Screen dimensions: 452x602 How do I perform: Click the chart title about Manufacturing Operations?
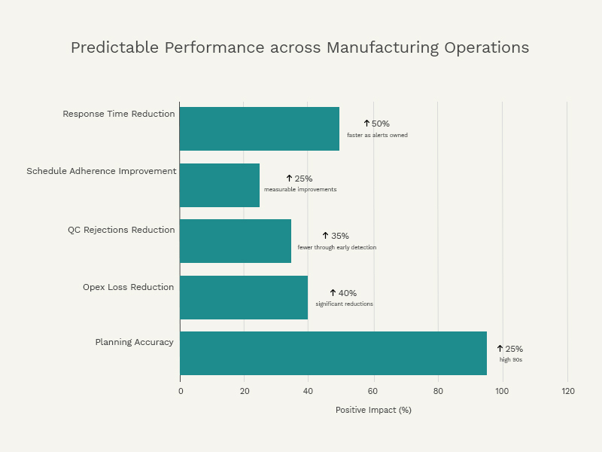(299, 47)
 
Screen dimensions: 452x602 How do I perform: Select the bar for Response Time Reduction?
(260, 129)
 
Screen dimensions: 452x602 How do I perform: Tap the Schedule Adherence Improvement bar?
(220, 185)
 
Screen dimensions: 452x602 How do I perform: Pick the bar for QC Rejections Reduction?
(236, 241)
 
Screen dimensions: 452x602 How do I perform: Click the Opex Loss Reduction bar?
(244, 298)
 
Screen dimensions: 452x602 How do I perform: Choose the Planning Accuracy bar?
(333, 353)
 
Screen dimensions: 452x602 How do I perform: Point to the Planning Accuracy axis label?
(134, 342)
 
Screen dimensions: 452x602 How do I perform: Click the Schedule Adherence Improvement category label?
(102, 171)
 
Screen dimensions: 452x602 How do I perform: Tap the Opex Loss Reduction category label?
(128, 287)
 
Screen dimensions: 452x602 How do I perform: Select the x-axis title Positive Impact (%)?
(373, 411)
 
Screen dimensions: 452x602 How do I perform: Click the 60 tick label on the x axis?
(373, 391)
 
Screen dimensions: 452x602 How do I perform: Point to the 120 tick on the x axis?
(567, 391)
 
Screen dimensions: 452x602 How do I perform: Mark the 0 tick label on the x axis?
(181, 391)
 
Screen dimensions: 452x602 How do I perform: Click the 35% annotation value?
(339, 236)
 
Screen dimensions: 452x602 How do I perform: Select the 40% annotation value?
(347, 293)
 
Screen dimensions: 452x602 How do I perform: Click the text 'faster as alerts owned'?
(377, 136)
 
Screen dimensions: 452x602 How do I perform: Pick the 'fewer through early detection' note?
(336, 248)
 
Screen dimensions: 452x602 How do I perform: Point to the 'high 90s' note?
(511, 360)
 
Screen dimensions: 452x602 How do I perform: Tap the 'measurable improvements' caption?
(300, 190)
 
